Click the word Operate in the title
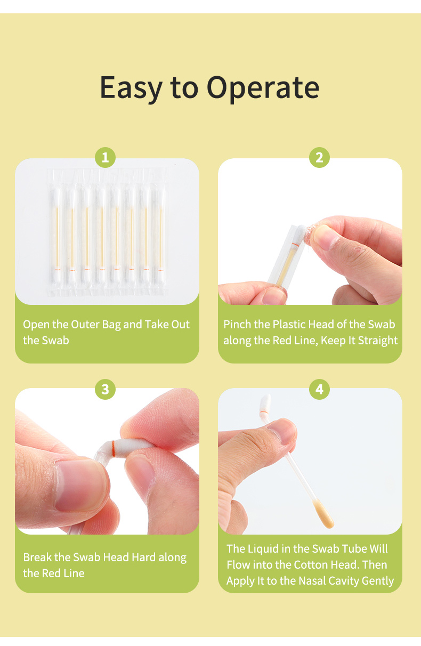263,88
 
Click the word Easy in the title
131,88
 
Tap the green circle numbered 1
105,157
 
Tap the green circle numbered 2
319,157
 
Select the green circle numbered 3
105,390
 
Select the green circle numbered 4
319,390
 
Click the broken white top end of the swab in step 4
265,406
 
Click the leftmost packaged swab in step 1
57,232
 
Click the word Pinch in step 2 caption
237,325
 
